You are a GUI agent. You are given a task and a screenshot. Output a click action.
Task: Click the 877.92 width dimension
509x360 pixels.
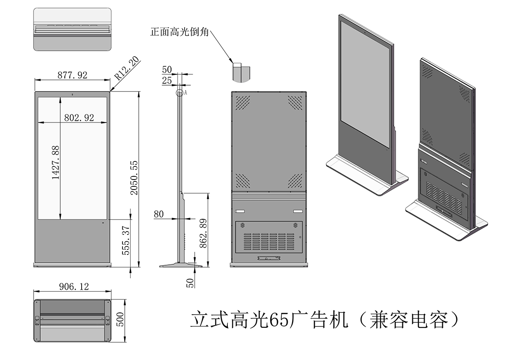pyautogui.click(x=72, y=75)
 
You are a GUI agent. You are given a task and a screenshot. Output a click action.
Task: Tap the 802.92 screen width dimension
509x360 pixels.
pyautogui.click(x=79, y=118)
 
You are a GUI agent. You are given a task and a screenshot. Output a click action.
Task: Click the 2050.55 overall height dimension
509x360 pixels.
pyautogui.click(x=134, y=178)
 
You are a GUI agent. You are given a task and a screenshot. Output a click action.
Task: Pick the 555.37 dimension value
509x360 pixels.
pyautogui.click(x=127, y=240)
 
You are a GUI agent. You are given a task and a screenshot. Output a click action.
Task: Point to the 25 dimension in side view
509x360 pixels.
pyautogui.click(x=166, y=80)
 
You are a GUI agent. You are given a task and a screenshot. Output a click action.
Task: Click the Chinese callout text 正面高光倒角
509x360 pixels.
pyautogui.click(x=179, y=32)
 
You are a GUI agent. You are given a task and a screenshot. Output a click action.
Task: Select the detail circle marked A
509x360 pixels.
pyautogui.click(x=180, y=93)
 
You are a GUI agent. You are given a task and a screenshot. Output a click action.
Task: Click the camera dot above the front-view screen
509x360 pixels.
pyautogui.click(x=73, y=94)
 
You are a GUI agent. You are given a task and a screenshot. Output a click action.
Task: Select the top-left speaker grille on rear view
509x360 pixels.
pyautogui.click(x=242, y=102)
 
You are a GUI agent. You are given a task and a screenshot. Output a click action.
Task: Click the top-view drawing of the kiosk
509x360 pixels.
pyautogui.click(x=73, y=29)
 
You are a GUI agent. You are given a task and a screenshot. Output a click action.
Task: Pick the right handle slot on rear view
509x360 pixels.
pyautogui.click(x=298, y=211)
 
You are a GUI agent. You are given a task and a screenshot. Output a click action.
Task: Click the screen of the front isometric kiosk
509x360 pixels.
pyautogui.click(x=364, y=82)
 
